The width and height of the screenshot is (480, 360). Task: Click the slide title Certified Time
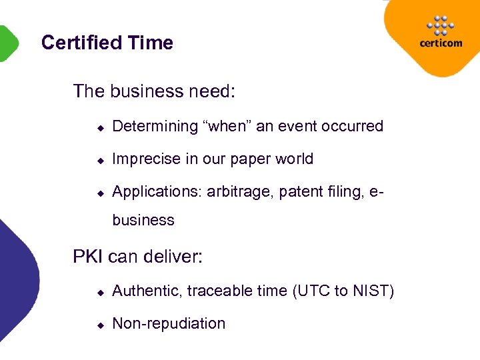point(107,43)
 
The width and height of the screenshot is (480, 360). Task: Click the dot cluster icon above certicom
point(440,25)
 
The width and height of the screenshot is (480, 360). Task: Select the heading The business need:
point(154,91)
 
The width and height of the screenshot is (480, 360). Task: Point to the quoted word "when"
point(227,126)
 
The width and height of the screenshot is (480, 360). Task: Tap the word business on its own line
point(143,220)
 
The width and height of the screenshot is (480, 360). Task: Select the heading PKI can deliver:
point(137,256)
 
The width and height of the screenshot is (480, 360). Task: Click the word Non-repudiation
point(169,323)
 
